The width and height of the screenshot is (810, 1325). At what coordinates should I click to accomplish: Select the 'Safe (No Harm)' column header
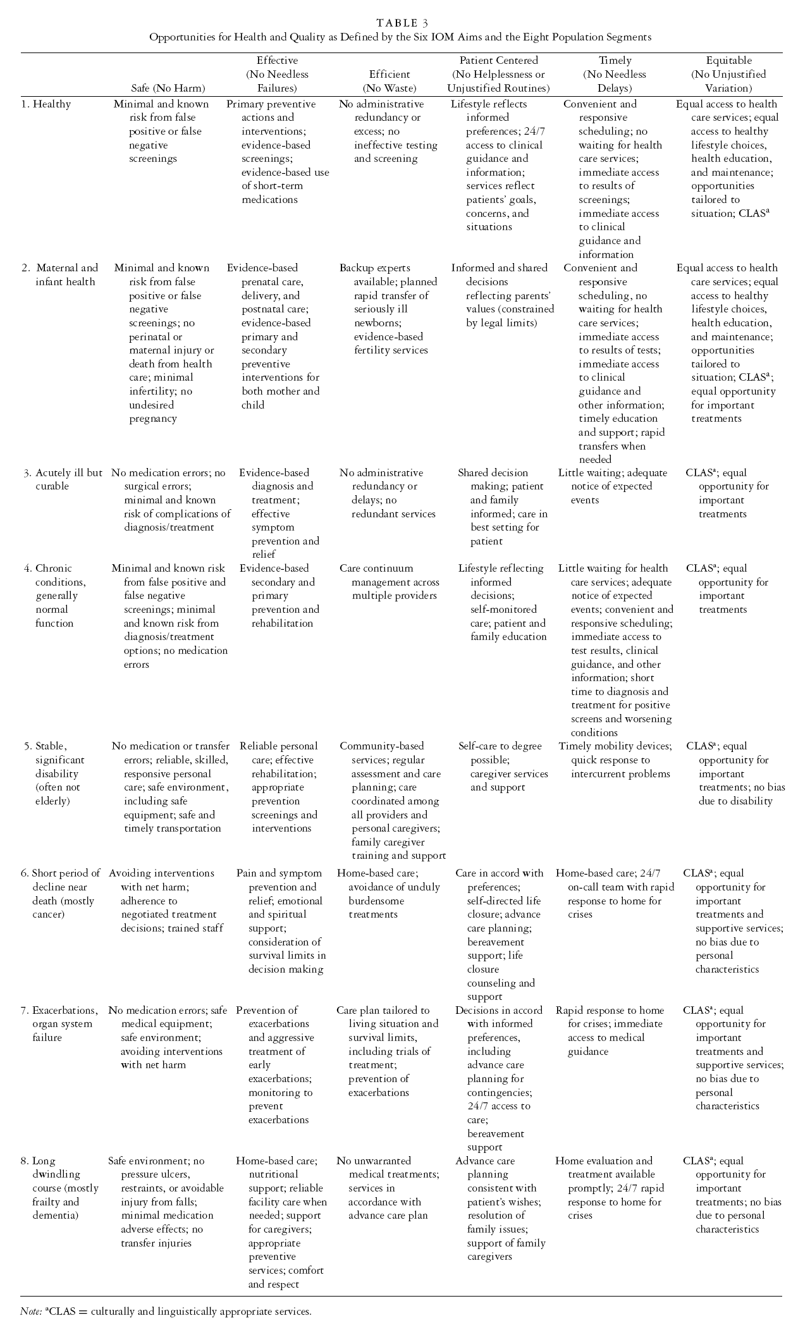tap(168, 88)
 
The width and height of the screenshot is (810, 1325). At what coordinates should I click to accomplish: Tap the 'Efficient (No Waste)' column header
tap(390, 81)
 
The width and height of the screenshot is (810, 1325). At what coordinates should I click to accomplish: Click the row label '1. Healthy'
tap(46, 104)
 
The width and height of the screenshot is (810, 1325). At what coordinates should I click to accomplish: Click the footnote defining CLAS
tap(166, 1310)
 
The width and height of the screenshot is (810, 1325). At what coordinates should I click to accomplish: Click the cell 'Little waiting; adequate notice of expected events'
tap(612, 486)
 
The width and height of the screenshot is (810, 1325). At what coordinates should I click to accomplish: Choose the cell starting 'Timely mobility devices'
tap(615, 760)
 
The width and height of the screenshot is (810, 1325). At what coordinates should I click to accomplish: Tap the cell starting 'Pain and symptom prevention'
tap(281, 921)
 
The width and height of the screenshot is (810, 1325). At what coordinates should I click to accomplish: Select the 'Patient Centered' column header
tap(498, 74)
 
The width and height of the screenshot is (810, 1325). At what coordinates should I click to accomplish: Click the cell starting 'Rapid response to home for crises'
tap(610, 1030)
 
